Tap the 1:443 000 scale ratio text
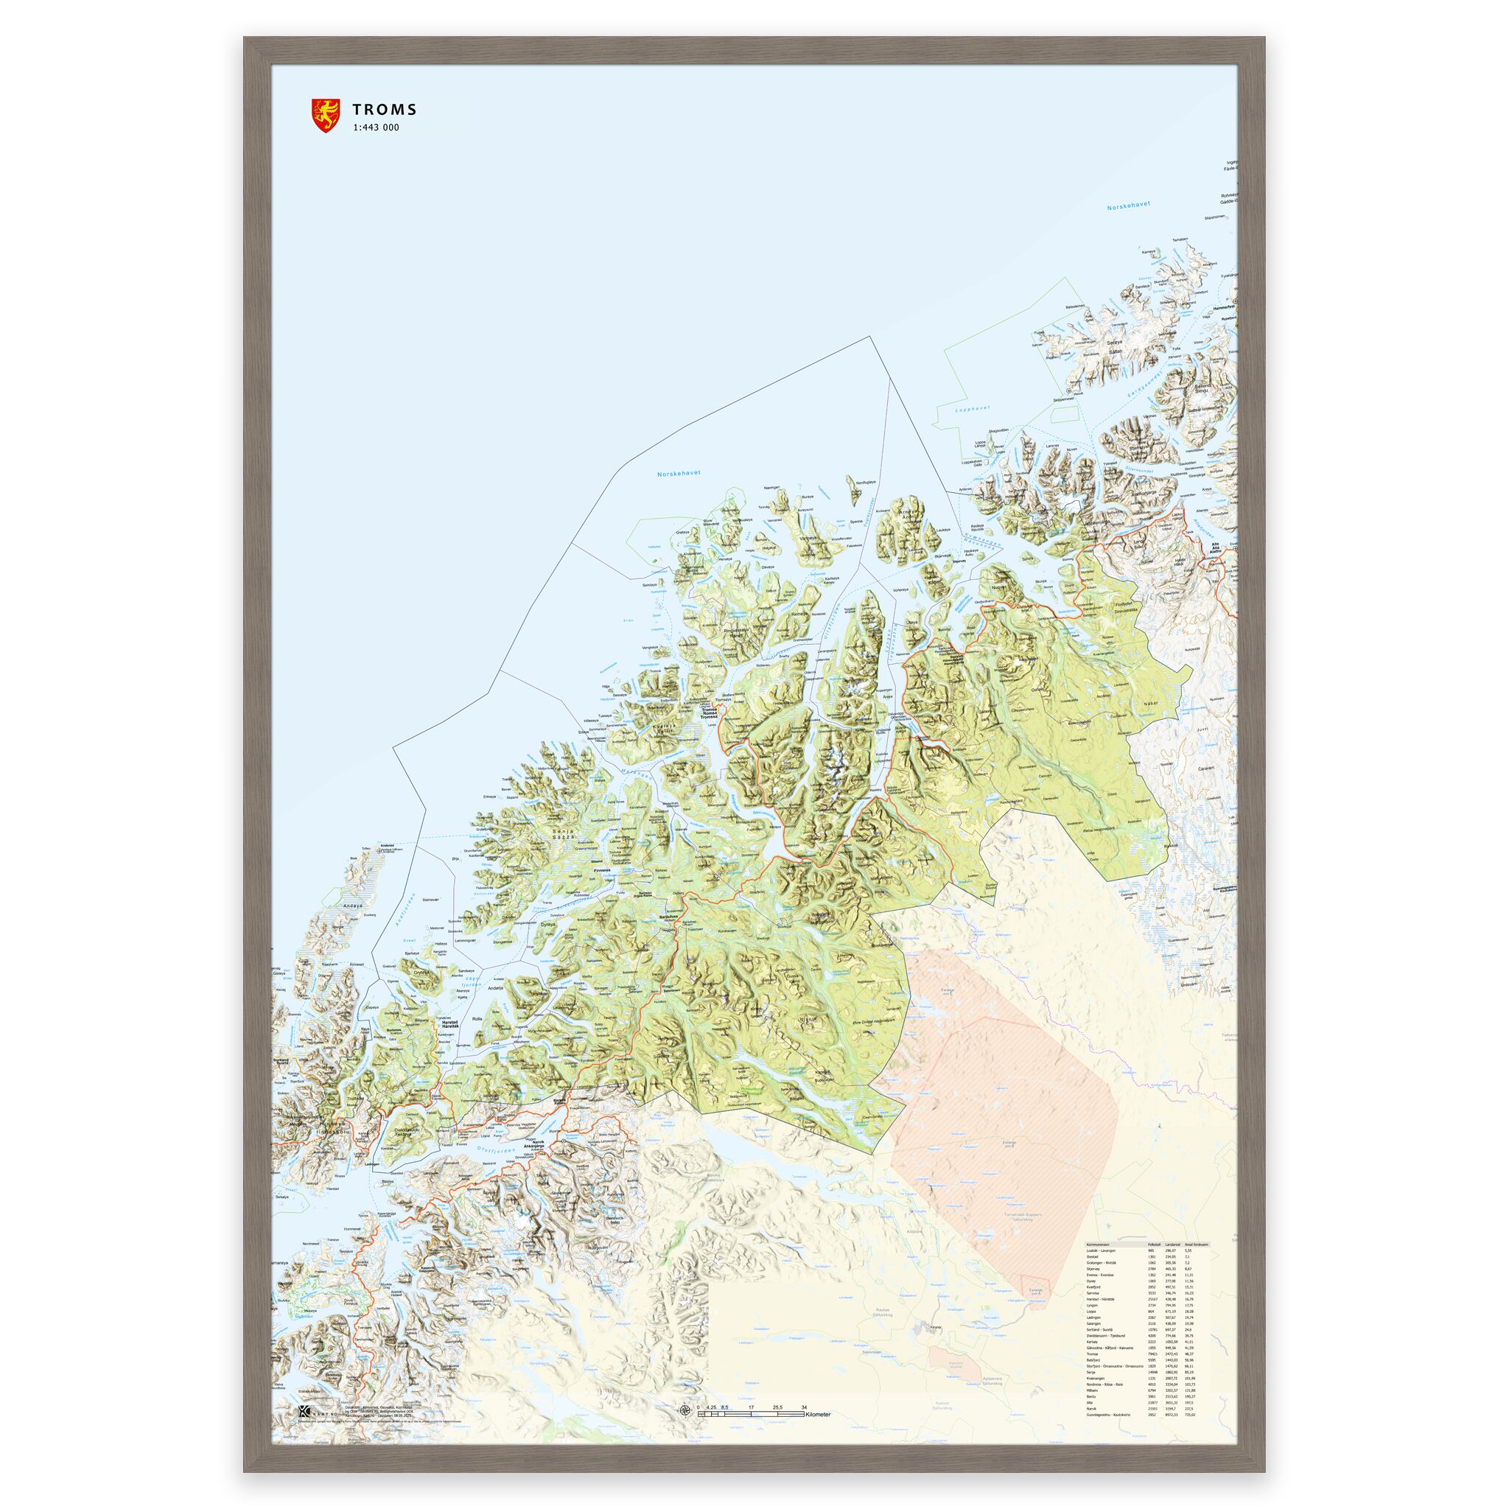coord(376,128)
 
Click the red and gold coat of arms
coord(324,115)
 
